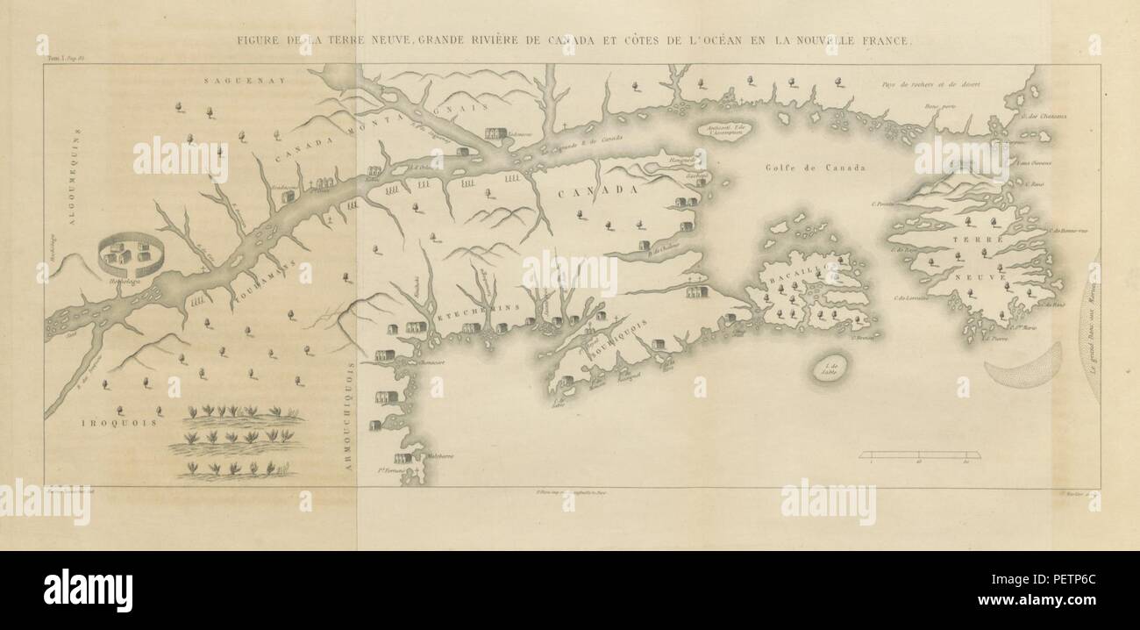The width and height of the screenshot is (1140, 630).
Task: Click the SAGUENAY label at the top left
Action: coord(230,80)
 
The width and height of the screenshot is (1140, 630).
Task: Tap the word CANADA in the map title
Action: coord(571,40)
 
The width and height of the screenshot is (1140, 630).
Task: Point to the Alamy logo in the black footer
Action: coord(88,590)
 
